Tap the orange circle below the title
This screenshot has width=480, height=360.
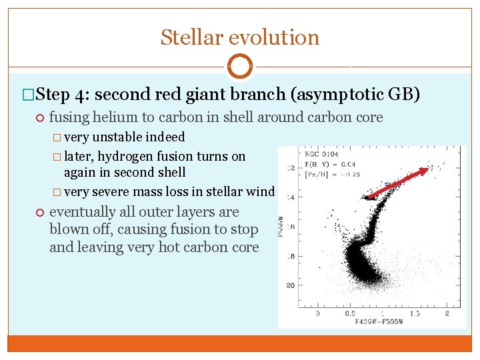point(240,67)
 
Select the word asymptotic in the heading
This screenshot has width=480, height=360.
point(341,94)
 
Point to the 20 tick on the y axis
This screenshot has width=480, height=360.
point(290,285)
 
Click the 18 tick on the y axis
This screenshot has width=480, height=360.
point(290,256)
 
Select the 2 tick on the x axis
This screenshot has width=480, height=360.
point(447,313)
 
